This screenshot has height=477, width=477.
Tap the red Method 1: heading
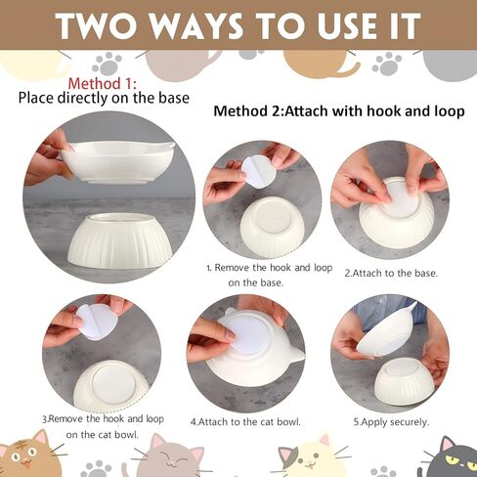click(102, 84)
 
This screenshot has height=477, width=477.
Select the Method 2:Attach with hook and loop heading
click(339, 111)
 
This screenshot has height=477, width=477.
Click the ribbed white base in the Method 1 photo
click(120, 240)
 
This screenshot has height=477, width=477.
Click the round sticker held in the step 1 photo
click(258, 172)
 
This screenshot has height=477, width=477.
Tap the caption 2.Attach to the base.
click(391, 273)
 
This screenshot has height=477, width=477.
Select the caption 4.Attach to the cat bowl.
click(245, 422)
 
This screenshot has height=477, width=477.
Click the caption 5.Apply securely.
click(391, 422)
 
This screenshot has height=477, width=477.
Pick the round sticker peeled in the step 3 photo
click(97, 322)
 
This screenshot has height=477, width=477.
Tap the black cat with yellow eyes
click(454, 458)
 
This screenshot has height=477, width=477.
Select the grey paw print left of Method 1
click(107, 64)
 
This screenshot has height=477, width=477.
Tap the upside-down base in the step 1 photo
click(273, 225)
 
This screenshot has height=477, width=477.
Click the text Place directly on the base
click(104, 98)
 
